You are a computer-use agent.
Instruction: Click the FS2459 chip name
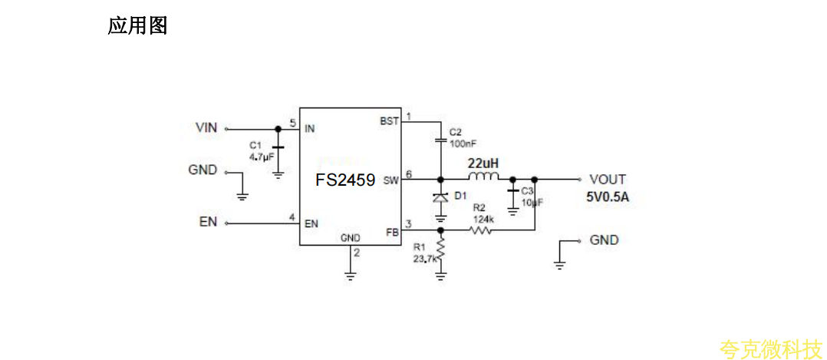[x=345, y=180]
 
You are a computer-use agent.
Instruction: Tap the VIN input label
[x=206, y=128]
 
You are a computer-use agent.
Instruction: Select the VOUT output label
[x=608, y=180]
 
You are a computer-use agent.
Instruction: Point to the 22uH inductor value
[x=483, y=163]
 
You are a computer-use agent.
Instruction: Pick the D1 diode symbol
[x=440, y=197]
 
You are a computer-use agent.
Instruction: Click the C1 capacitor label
[x=255, y=144]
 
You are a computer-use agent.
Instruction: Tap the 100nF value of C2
[x=462, y=144]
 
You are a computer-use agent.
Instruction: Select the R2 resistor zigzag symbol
[x=479, y=230]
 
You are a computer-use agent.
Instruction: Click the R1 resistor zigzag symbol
[x=440, y=248]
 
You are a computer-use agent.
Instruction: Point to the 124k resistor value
[x=483, y=219]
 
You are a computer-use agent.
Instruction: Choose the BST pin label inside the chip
[x=389, y=121]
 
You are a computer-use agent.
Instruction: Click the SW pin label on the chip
[x=391, y=181]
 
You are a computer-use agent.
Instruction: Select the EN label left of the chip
[x=208, y=223]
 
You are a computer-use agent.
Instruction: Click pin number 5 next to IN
[x=292, y=123]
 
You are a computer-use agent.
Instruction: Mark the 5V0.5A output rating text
[x=608, y=197]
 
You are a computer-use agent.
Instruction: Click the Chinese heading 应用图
[x=137, y=26]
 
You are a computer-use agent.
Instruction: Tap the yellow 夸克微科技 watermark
[x=769, y=350]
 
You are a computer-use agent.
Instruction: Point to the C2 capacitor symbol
[x=440, y=140]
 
